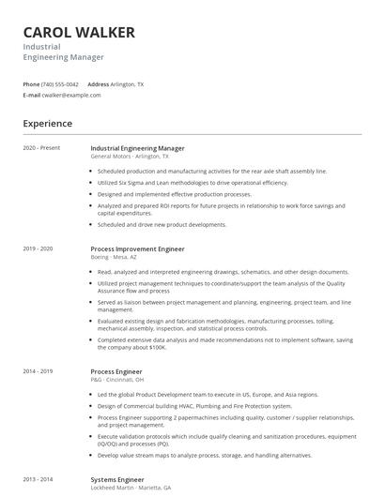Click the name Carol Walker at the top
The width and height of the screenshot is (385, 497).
[x=79, y=33]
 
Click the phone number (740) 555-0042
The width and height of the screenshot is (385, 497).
[x=61, y=84]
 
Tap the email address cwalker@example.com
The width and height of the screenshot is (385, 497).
[x=71, y=95]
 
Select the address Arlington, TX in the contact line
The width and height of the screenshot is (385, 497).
[x=128, y=84]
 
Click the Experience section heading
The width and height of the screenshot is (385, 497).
[x=47, y=123]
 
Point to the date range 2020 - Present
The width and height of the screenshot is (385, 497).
[x=41, y=148]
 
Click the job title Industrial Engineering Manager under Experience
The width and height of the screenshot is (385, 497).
[x=137, y=148]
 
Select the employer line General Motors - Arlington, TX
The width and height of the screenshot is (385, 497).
[x=130, y=157]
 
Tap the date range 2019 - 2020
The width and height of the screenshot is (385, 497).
[x=38, y=248]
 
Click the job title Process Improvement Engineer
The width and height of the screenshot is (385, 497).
[x=137, y=248]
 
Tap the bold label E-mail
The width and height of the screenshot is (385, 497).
[x=32, y=95]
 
